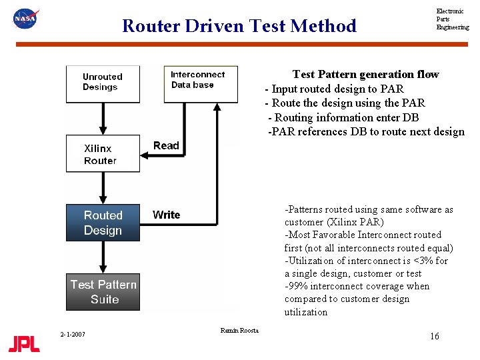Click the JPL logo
(24, 343)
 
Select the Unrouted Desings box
(103, 83)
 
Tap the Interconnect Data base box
(200, 83)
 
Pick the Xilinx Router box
(103, 154)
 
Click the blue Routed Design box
(103, 223)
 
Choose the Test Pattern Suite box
(103, 292)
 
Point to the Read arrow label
(166, 145)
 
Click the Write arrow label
(166, 214)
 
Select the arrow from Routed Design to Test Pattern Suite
(103, 257)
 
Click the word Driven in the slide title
(214, 26)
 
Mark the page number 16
(435, 336)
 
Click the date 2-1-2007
(72, 334)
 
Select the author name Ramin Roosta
(239, 330)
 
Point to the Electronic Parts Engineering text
(452, 19)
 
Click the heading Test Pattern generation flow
(365, 74)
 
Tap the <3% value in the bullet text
(422, 261)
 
